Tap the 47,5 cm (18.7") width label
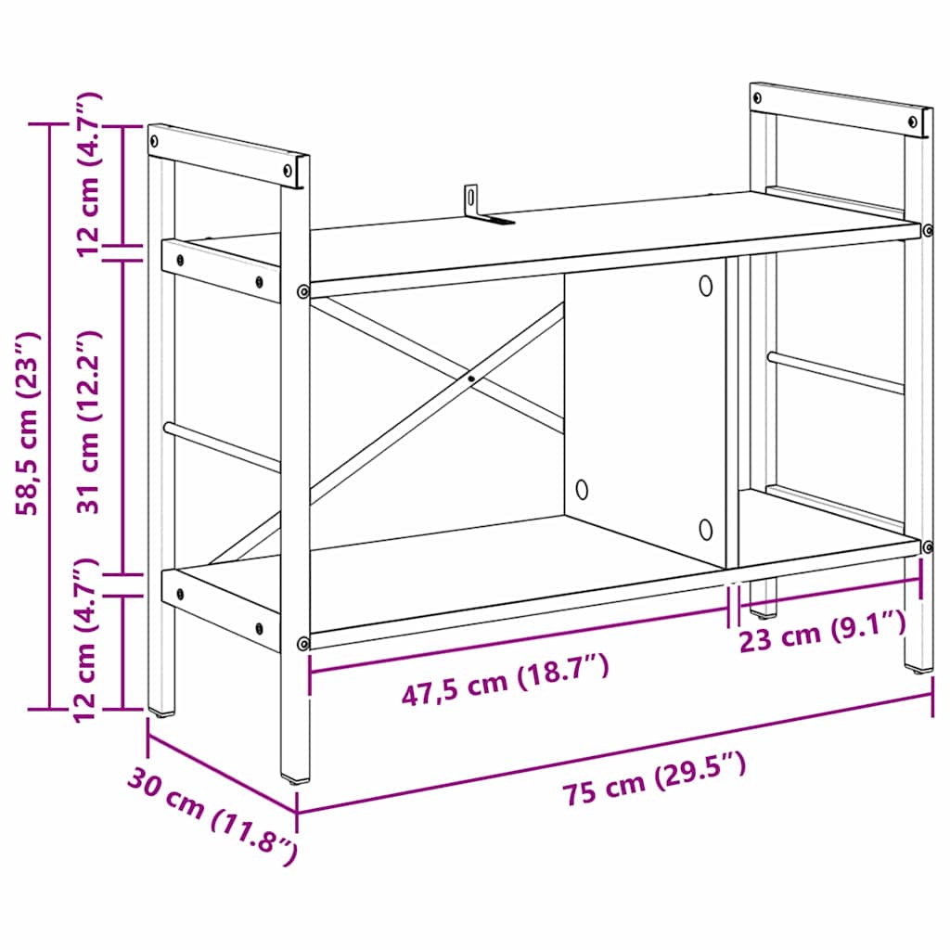pyautogui.click(x=505, y=680)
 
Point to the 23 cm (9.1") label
pyautogui.click(x=822, y=633)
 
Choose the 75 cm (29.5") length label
pyautogui.click(x=653, y=781)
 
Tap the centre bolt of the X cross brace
pyautogui.click(x=471, y=378)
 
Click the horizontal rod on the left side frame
pyautogui.click(x=223, y=446)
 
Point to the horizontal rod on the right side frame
pyautogui.click(x=835, y=372)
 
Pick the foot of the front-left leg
pyautogui.click(x=296, y=777)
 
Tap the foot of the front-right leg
pyautogui.click(x=918, y=666)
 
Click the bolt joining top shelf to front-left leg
pyautogui.click(x=302, y=292)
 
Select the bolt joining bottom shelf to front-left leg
pyautogui.click(x=302, y=643)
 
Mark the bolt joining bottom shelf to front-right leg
pyautogui.click(x=926, y=546)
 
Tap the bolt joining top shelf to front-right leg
pyautogui.click(x=926, y=229)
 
